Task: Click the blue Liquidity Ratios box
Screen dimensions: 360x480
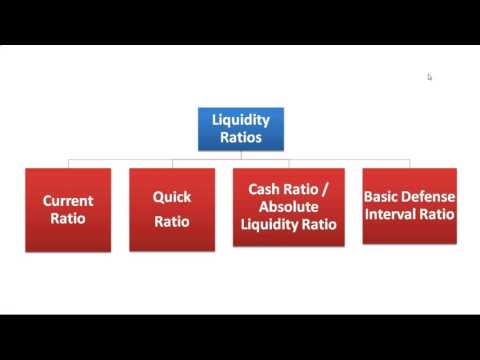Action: click(241, 129)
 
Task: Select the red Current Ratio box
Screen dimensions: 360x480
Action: click(68, 208)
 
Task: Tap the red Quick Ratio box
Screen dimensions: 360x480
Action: click(171, 208)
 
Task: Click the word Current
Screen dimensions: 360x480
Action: click(68, 200)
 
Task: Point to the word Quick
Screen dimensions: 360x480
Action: click(171, 197)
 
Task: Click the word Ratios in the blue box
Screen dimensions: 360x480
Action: click(241, 138)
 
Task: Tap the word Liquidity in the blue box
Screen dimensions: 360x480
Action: click(241, 120)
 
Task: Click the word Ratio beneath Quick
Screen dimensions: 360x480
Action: click(171, 221)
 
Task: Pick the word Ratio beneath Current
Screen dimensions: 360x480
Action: click(68, 217)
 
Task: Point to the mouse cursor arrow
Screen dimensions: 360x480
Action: click(429, 76)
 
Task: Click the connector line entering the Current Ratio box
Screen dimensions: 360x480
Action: click(68, 163)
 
